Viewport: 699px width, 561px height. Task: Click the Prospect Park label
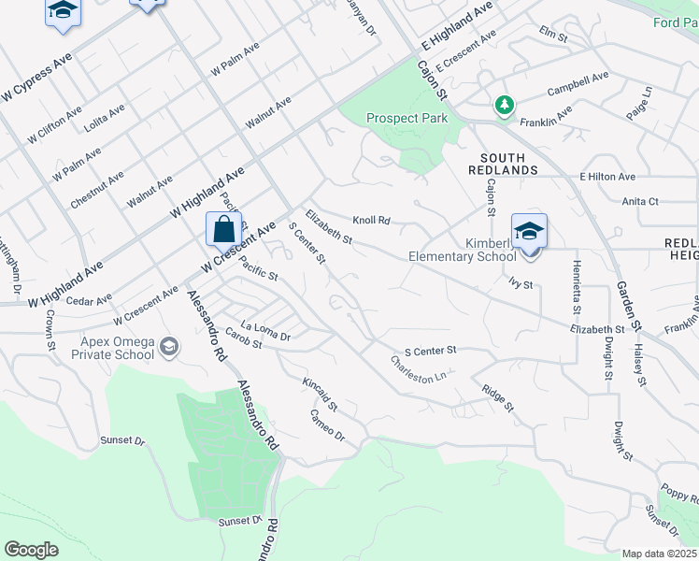point(407,119)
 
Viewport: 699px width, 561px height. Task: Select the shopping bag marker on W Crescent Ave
point(224,229)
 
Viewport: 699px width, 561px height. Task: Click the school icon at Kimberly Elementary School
point(529,231)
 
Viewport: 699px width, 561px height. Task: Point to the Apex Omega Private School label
point(113,348)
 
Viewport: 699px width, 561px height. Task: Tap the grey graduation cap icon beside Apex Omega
point(169,348)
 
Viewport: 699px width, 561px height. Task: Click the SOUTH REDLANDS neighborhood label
point(509,164)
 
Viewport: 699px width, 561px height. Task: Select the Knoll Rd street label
point(371,221)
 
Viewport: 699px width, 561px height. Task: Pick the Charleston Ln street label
point(419,368)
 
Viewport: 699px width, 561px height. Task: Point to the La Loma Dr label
point(266,330)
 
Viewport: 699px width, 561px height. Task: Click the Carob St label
point(243,344)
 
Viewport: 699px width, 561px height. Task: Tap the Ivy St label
point(521,283)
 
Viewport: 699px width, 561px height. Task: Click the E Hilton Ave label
point(607,177)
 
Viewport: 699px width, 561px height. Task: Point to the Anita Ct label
point(640,201)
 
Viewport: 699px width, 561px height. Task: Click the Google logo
point(31,549)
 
